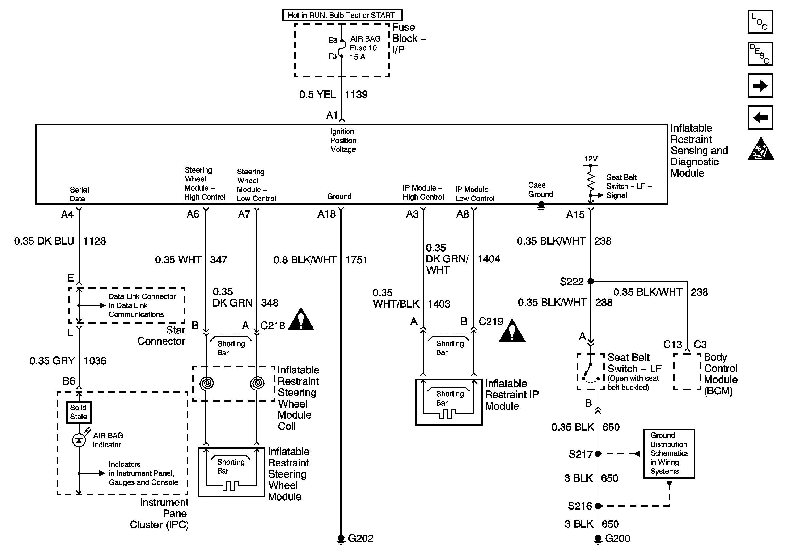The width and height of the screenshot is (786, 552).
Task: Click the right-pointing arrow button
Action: pyautogui.click(x=760, y=86)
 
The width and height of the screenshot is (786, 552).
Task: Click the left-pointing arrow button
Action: pyautogui.click(x=760, y=118)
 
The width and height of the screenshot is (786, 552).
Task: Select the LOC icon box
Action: pyautogui.click(x=760, y=22)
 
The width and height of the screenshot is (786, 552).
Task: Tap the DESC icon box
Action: pyautogui.click(x=760, y=53)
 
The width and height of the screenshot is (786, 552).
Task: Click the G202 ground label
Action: pyautogui.click(x=361, y=538)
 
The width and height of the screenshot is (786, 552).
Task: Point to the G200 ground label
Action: pyautogui.click(x=617, y=538)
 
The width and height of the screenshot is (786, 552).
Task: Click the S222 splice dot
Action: pyautogui.click(x=591, y=281)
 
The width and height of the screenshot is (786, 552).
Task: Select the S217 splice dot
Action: pyautogui.click(x=598, y=454)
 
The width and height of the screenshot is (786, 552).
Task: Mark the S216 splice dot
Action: pyautogui.click(x=598, y=506)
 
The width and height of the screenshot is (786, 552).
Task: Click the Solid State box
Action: pyautogui.click(x=79, y=412)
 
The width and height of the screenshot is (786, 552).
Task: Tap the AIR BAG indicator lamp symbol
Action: pyautogui.click(x=79, y=440)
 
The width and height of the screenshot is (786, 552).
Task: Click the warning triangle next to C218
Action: pyautogui.click(x=301, y=320)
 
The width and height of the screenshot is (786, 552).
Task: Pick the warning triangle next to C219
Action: pyautogui.click(x=512, y=331)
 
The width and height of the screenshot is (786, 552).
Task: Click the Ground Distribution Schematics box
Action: pyautogui.click(x=669, y=453)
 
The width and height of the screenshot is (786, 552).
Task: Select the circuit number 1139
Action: pyautogui.click(x=356, y=95)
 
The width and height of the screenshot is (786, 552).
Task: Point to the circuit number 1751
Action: pyautogui.click(x=356, y=260)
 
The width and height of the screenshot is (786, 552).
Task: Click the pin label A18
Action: pyautogui.click(x=327, y=214)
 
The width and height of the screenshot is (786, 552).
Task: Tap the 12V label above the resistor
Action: pyautogui.click(x=591, y=159)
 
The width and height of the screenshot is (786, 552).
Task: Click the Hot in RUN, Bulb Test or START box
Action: pyautogui.click(x=342, y=15)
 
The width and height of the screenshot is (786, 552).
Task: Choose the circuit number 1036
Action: pyautogui.click(x=95, y=361)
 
